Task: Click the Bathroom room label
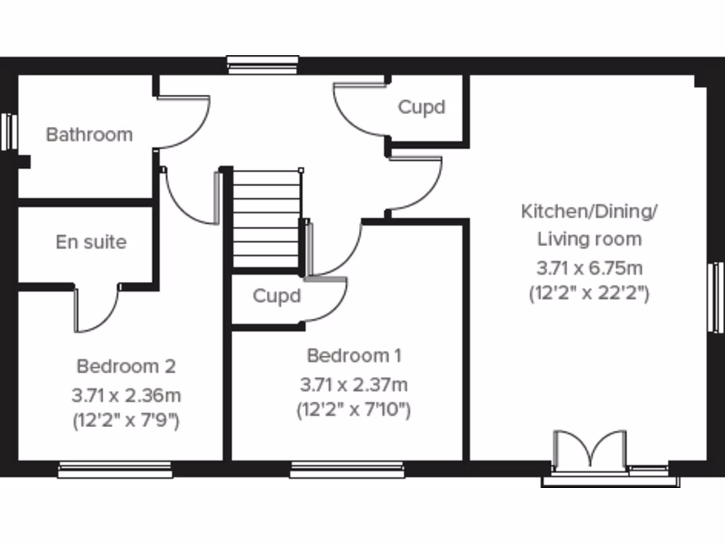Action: [x=89, y=135]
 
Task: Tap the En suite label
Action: [x=91, y=242]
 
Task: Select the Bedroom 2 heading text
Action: [x=126, y=367]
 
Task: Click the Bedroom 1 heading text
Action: [x=355, y=355]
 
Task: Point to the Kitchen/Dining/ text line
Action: [x=590, y=211]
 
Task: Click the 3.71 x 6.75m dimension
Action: [x=590, y=268]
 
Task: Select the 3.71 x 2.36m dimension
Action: [x=126, y=395]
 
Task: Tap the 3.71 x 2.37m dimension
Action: [x=354, y=385]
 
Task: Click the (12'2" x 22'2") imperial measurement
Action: [x=590, y=293]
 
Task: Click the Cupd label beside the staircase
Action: [x=277, y=296]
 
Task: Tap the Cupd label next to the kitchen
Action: [x=422, y=108]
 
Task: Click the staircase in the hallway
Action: [x=267, y=217]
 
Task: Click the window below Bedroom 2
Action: [x=115, y=468]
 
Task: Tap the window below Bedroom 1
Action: [x=347, y=468]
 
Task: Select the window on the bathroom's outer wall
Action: [x=8, y=132]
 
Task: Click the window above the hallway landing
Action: [x=263, y=65]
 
